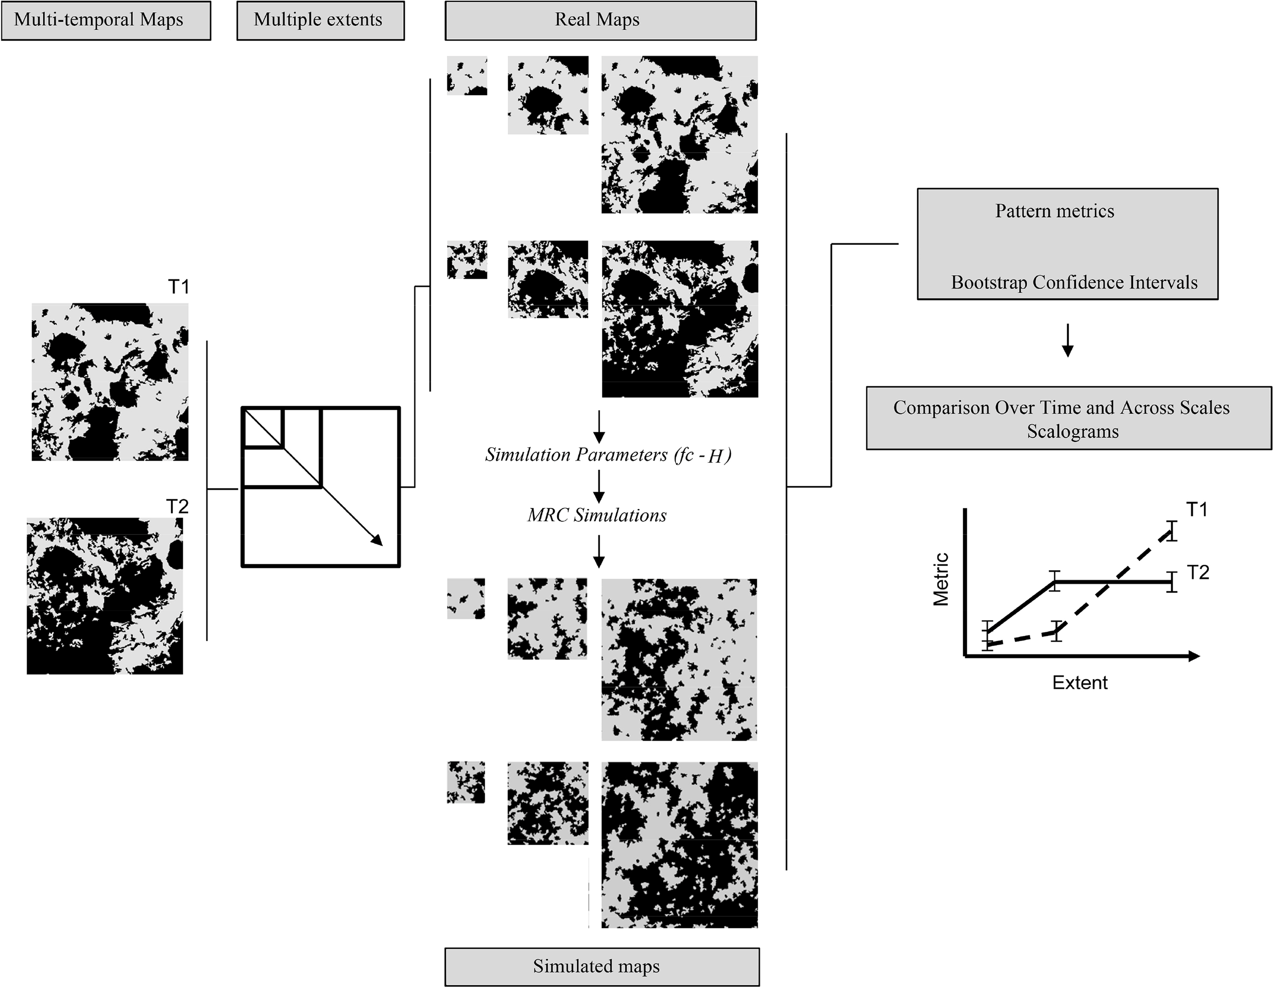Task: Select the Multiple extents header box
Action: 320,20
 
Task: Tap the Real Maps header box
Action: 600,20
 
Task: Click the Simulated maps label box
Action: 601,967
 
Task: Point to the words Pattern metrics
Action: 1054,211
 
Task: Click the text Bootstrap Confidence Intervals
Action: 1074,283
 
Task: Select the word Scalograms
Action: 1073,432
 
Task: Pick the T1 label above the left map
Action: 178,287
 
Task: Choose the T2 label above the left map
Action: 177,506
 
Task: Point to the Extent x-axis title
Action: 1080,683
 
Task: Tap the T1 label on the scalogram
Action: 1197,510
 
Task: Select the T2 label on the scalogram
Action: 1197,572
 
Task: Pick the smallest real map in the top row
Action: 467,75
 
